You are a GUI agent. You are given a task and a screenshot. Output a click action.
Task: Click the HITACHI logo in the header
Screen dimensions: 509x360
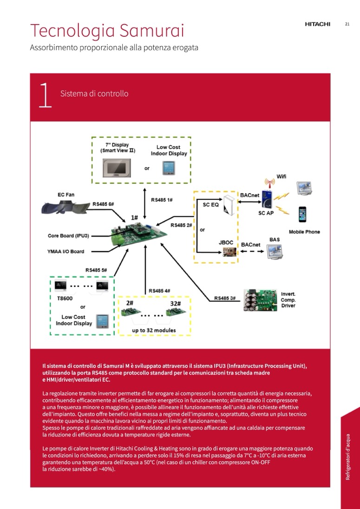[317, 25]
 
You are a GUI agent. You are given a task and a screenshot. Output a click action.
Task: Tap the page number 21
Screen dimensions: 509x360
[347, 24]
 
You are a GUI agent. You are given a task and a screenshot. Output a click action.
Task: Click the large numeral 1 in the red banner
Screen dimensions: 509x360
[45, 96]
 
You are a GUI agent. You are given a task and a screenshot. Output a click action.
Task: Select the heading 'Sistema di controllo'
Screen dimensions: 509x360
[94, 94]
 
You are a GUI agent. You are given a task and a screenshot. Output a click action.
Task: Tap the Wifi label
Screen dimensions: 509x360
[281, 176]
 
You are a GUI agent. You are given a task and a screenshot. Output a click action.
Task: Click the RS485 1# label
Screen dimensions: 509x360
[162, 200]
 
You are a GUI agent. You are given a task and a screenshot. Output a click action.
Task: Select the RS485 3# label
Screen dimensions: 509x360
[225, 298]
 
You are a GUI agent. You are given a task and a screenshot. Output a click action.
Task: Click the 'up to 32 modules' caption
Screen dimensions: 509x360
[154, 331]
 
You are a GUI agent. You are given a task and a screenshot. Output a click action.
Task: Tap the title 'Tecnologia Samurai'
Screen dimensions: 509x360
[107, 31]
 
